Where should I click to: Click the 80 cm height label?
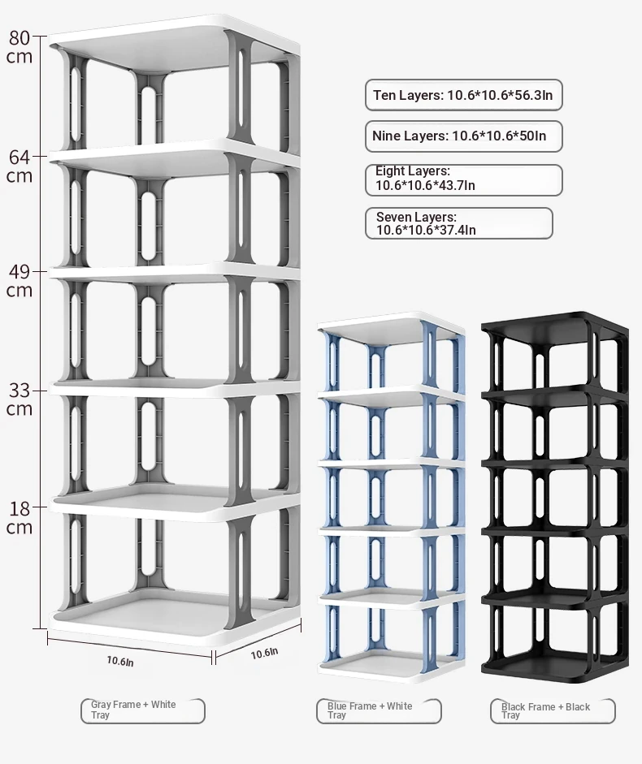pos(20,47)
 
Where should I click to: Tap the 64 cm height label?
pos(20,166)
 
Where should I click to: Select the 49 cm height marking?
pos(20,281)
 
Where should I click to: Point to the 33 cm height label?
pos(20,399)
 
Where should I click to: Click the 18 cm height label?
pos(20,517)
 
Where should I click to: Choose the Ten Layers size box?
pos(463,95)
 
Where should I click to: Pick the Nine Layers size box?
pos(463,136)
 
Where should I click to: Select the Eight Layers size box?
pos(463,179)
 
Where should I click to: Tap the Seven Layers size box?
pos(458,223)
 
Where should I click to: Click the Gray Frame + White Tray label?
pos(142,710)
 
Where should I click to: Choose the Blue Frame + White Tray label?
pos(379,711)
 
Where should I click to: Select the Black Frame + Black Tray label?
pos(553,711)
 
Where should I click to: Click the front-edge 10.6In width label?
pos(120,661)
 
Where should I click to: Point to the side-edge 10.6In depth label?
pos(264,654)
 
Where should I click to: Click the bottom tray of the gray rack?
pos(174,619)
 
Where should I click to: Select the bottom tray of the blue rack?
pos(390,666)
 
